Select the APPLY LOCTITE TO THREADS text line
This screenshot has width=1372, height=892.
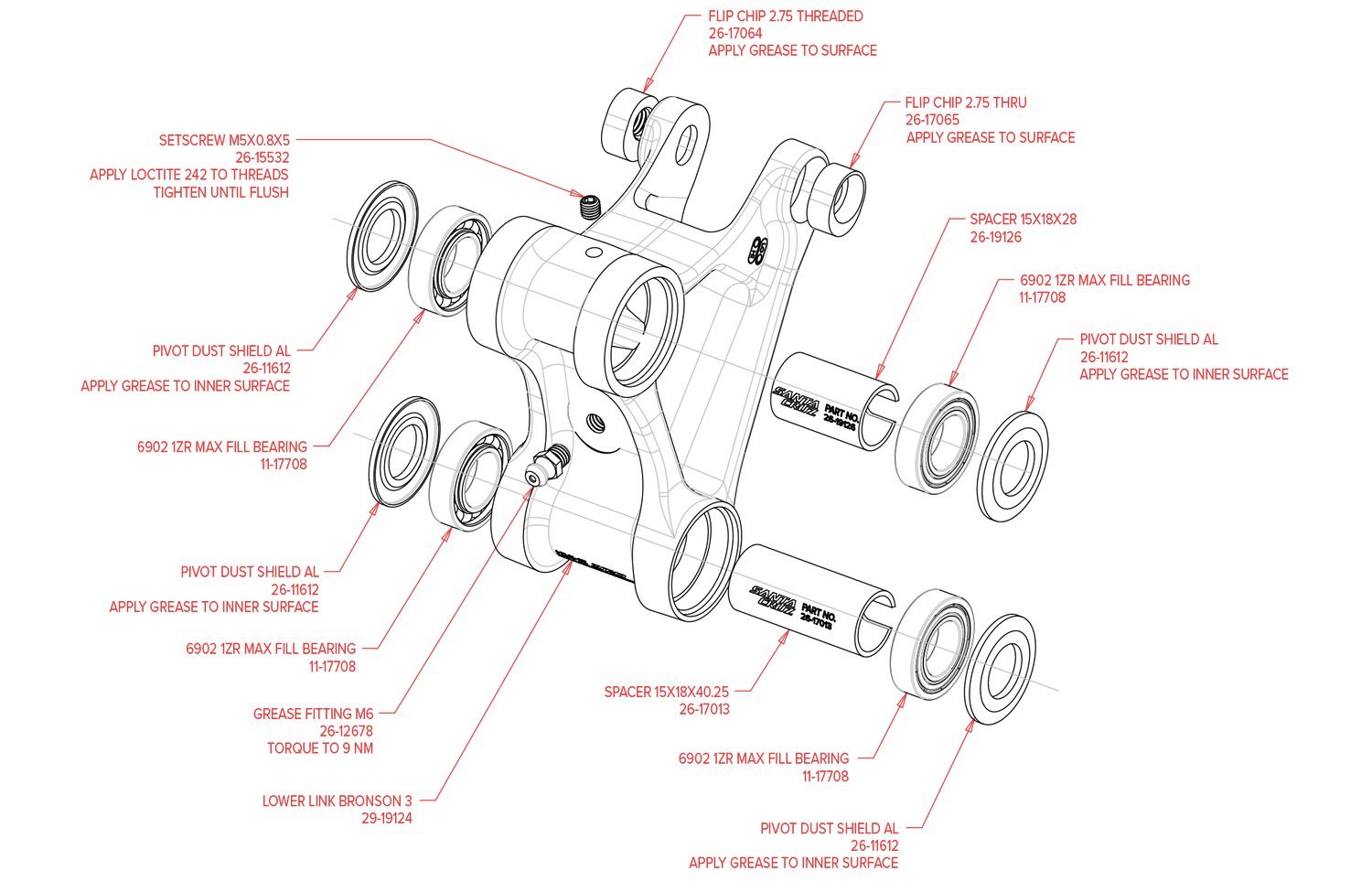click(x=189, y=175)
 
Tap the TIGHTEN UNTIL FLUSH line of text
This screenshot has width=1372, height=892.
click(x=221, y=192)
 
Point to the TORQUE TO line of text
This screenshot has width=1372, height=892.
click(x=320, y=748)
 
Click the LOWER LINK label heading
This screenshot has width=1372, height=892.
click(x=337, y=801)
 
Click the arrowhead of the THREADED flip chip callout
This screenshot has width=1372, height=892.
click(x=646, y=87)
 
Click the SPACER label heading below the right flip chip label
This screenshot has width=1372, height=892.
click(x=1023, y=220)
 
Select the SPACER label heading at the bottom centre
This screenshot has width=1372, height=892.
click(x=666, y=692)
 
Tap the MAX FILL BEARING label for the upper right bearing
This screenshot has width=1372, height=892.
click(x=1105, y=281)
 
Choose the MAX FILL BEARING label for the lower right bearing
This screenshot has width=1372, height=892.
click(x=764, y=758)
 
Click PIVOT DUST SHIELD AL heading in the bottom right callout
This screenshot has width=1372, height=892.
click(x=830, y=829)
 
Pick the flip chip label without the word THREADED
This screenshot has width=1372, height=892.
click(x=966, y=102)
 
